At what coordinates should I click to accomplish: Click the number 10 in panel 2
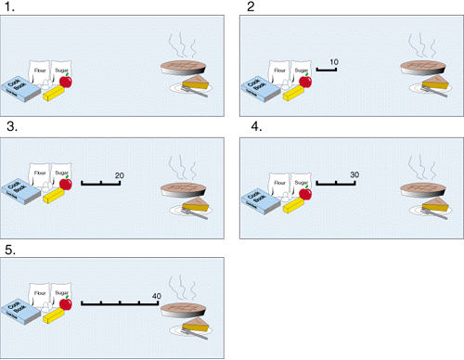334,61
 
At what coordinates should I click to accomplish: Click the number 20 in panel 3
119,175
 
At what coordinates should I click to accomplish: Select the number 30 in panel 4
354,175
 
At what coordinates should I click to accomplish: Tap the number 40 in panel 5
157,295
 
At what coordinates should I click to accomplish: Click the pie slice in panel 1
195,85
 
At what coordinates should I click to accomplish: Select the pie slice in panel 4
433,207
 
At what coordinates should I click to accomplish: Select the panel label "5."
10,249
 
